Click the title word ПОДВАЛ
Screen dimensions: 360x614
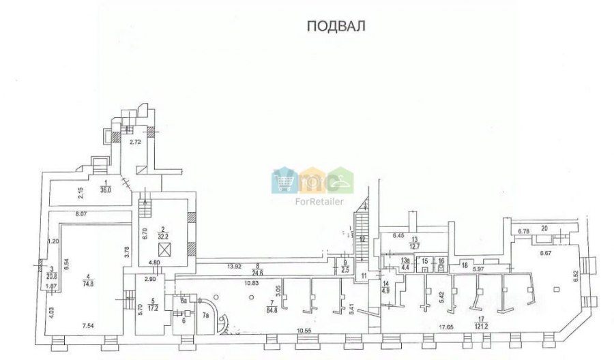click(336, 27)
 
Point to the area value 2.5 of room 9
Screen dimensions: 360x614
click(345, 271)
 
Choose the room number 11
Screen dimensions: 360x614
click(364, 275)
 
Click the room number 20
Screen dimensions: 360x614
click(544, 229)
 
